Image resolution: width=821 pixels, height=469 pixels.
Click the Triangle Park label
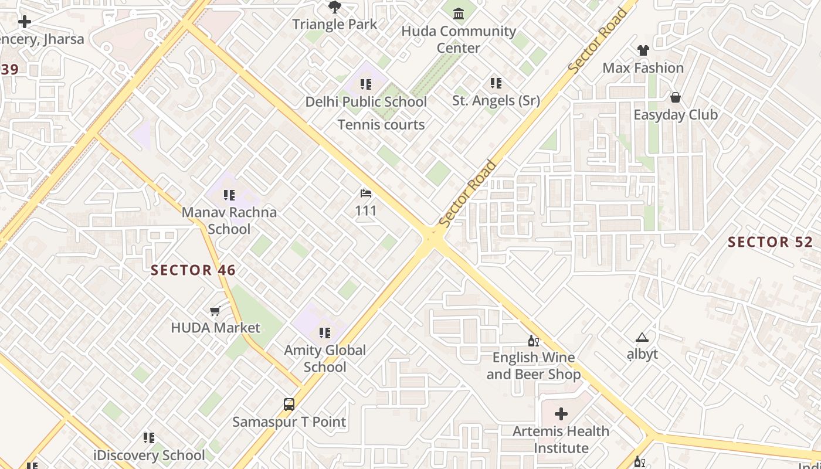335,24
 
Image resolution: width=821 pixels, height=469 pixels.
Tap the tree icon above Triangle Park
335,7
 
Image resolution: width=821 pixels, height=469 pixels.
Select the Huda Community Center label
459,39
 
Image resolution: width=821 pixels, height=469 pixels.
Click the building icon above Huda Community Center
459,13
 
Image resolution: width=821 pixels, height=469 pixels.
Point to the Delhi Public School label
366,101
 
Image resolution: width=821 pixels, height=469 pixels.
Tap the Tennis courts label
381,124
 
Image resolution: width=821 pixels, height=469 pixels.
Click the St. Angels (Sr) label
496,100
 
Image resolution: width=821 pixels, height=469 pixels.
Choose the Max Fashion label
643,67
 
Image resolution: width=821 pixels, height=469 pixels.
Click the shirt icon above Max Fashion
643,50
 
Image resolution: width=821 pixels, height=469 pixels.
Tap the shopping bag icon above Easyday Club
676,97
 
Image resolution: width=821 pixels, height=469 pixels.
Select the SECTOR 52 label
771,242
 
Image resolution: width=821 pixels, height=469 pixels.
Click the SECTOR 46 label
194,270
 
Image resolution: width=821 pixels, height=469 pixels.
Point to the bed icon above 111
366,193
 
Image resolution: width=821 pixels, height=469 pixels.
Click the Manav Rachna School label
229,220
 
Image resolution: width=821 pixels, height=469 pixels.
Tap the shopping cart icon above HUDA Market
215,311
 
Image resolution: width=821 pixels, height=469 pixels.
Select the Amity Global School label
325,358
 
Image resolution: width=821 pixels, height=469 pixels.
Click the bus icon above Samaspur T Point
289,404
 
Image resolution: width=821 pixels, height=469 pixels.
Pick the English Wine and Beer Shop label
534,365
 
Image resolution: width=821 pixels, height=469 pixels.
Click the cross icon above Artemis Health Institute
561,414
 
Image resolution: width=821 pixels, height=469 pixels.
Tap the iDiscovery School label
150,455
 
